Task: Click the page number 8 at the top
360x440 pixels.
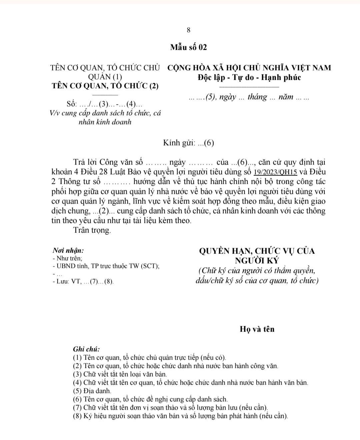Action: [188, 30]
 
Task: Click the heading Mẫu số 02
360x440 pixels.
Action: [188, 47]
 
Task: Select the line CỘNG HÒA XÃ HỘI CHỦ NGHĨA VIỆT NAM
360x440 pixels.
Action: [249, 68]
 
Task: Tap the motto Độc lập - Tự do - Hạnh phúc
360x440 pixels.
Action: [249, 77]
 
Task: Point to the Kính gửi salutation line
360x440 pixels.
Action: [188, 143]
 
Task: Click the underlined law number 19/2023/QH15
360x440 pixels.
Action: [275, 172]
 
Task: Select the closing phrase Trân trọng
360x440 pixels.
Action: [92, 230]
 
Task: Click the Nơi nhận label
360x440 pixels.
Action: [68, 250]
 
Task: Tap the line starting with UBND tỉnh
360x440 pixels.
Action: [106, 266]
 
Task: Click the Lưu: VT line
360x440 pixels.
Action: [83, 282]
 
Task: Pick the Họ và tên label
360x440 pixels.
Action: [257, 329]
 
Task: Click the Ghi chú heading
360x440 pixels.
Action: [86, 349]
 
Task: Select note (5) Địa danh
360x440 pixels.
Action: [92, 391]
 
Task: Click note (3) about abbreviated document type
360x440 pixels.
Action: [120, 374]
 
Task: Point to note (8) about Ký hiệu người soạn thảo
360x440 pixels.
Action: [180, 416]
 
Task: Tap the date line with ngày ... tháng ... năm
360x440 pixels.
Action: [249, 97]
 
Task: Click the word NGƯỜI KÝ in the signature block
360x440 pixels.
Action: [257, 260]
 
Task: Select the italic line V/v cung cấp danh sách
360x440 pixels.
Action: [105, 113]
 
